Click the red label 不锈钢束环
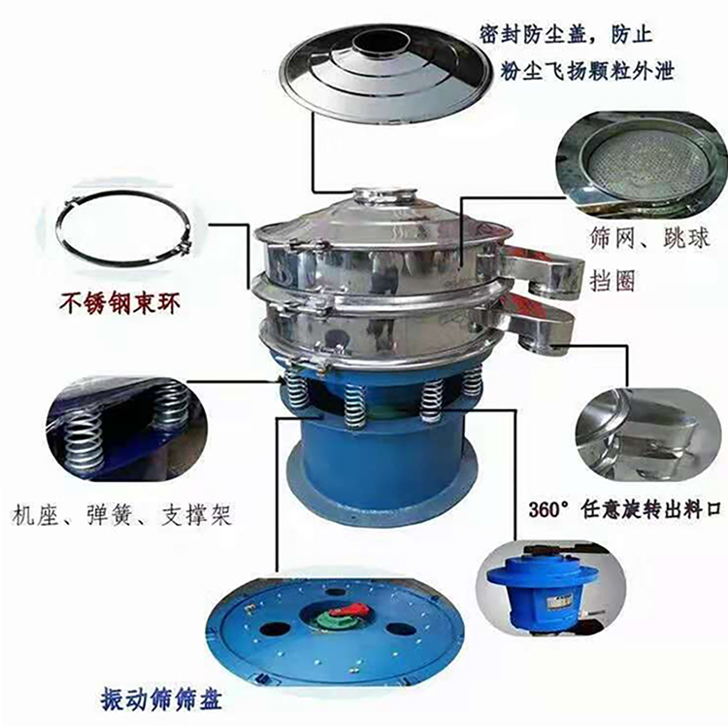pyautogui.click(x=119, y=304)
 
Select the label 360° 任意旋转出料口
pyautogui.click(x=624, y=510)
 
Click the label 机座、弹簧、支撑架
pyautogui.click(x=121, y=514)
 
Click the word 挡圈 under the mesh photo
pyautogui.click(x=612, y=280)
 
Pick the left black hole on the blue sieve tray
pyautogui.click(x=275, y=630)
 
